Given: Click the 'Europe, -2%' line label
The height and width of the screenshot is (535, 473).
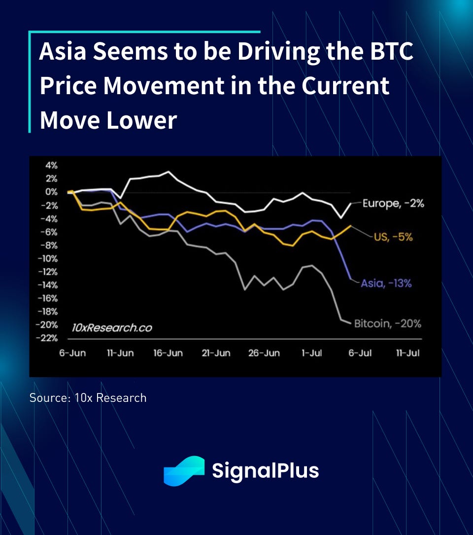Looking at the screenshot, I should pyautogui.click(x=393, y=203).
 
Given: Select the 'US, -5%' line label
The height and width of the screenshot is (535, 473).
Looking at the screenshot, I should pyautogui.click(x=393, y=237).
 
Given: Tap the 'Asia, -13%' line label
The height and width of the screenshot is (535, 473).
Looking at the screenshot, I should pyautogui.click(x=386, y=284).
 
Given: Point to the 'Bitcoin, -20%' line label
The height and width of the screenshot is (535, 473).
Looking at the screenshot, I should pyautogui.click(x=388, y=324).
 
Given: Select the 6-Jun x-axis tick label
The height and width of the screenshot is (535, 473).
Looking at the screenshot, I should pyautogui.click(x=72, y=354).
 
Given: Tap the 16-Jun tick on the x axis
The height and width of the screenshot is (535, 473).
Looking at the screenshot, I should pyautogui.click(x=168, y=354).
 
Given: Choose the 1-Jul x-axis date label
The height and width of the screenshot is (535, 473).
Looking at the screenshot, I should pyautogui.click(x=312, y=354).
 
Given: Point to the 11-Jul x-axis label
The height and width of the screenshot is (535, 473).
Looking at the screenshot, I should pyautogui.click(x=408, y=354).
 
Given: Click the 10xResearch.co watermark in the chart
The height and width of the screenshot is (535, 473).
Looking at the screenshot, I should pyautogui.click(x=112, y=327).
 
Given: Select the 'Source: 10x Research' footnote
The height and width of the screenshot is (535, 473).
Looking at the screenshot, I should pyautogui.click(x=88, y=397).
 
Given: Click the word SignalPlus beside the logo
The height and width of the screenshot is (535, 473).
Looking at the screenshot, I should pyautogui.click(x=265, y=470).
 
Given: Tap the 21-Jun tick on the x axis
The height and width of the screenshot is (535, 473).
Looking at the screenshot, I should pyautogui.click(x=216, y=354).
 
